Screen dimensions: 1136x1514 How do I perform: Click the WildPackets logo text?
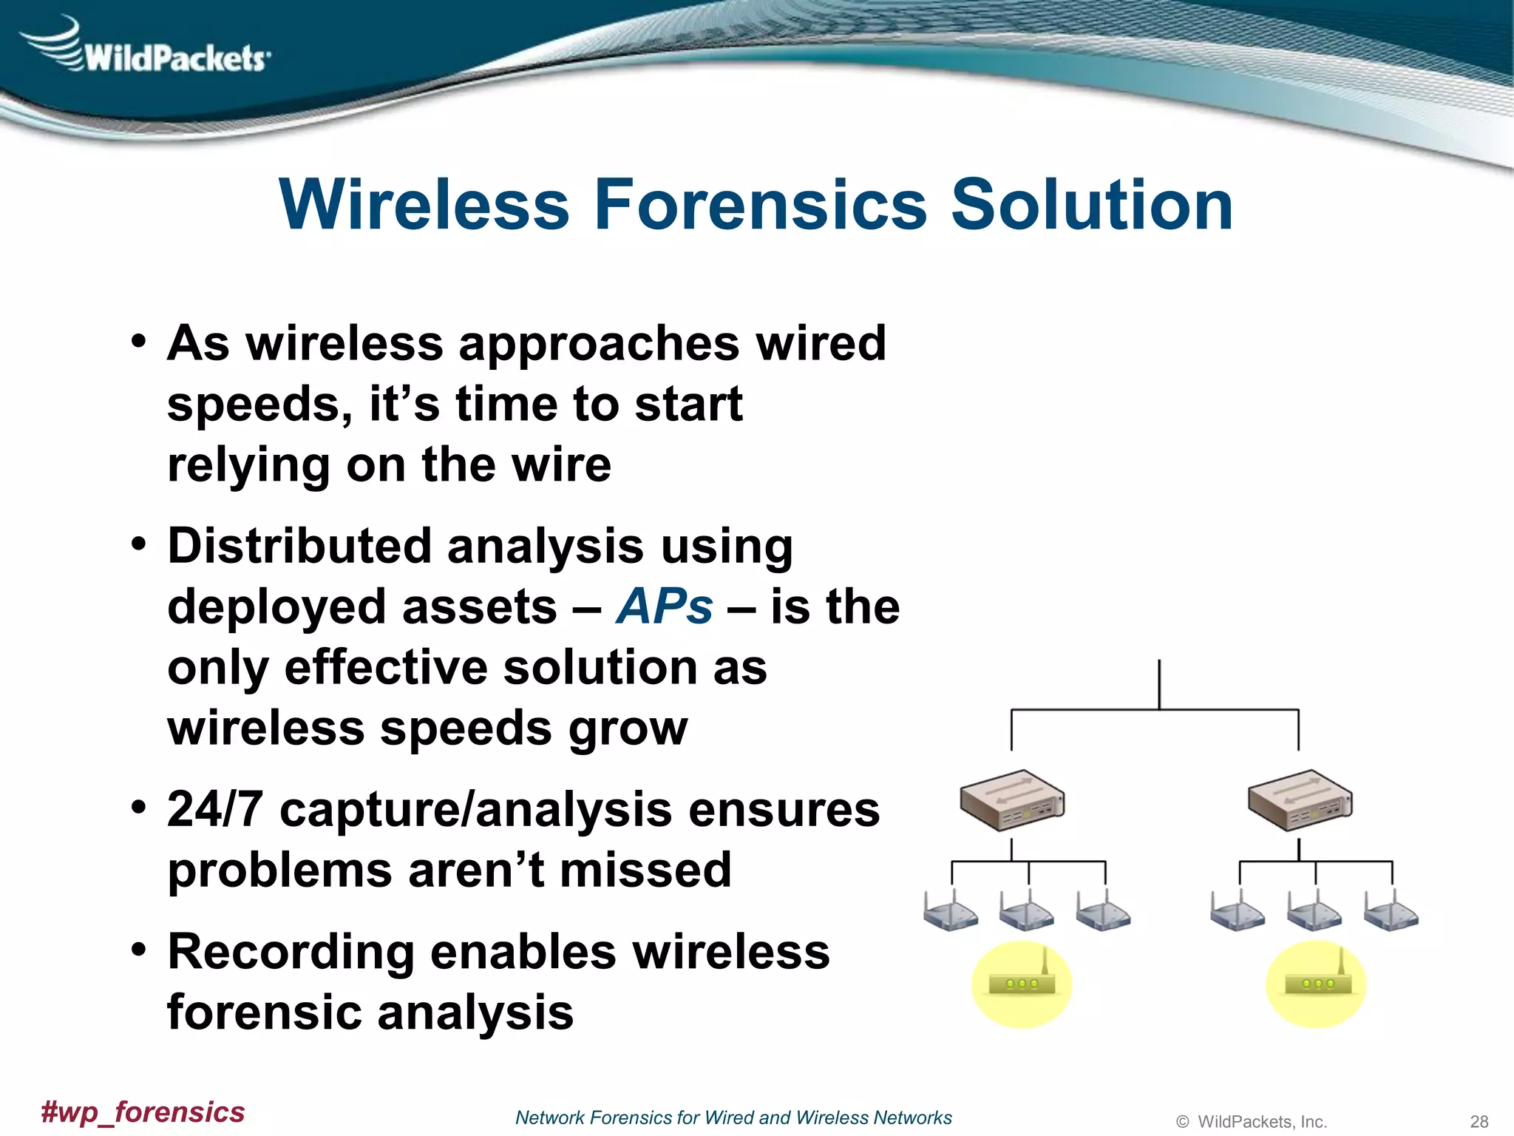click(x=174, y=58)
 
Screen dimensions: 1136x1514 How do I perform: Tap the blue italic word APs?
click(x=664, y=606)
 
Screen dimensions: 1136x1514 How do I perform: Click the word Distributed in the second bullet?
click(x=299, y=546)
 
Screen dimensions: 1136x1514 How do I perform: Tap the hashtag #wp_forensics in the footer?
click(x=143, y=1112)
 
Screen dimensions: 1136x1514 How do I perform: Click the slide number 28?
click(x=1479, y=1121)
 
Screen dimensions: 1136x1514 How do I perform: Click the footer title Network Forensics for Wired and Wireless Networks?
click(x=733, y=1118)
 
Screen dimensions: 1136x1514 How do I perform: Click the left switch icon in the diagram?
click(x=1011, y=801)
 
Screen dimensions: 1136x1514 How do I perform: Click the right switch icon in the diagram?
click(x=1299, y=801)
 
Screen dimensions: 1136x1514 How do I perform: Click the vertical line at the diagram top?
click(x=1158, y=683)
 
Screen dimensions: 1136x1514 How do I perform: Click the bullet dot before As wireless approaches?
click(x=138, y=342)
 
